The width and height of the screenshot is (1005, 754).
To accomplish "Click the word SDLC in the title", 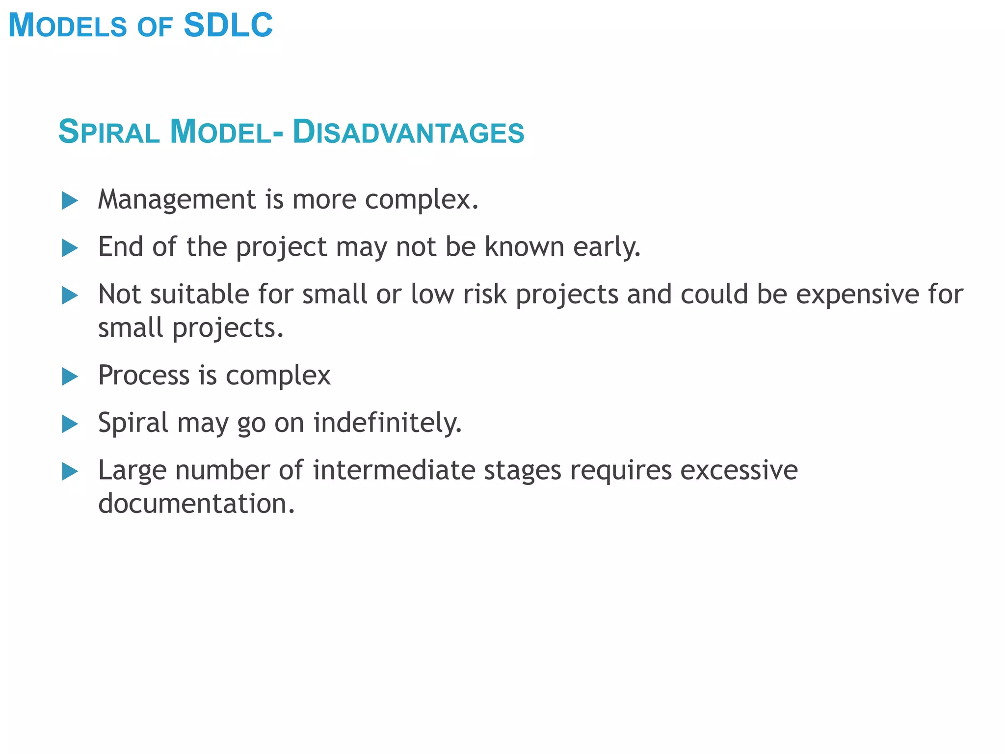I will pyautogui.click(x=228, y=25).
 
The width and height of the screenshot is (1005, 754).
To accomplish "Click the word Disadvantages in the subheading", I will pyautogui.click(x=408, y=132).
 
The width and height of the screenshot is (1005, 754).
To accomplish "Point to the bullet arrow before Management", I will pyautogui.click(x=70, y=201).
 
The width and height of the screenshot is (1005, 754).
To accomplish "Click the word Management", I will pyautogui.click(x=177, y=200).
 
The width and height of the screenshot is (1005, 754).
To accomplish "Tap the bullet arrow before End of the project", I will pyautogui.click(x=70, y=248).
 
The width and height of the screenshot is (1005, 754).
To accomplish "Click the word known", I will pyautogui.click(x=524, y=246).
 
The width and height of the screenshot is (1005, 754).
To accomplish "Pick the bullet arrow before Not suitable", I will pyautogui.click(x=70, y=296).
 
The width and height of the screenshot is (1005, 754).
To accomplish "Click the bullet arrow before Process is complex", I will pyautogui.click(x=70, y=377).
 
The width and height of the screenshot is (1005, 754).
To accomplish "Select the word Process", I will pyautogui.click(x=144, y=376).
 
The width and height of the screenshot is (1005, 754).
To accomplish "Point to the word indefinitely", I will pyautogui.click(x=387, y=423).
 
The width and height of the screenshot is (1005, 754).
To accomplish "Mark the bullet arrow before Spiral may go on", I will pyautogui.click(x=70, y=424).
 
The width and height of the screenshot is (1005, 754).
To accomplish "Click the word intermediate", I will pyautogui.click(x=394, y=470).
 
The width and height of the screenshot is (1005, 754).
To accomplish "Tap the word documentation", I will pyautogui.click(x=196, y=504).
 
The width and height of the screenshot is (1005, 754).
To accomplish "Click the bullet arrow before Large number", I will pyautogui.click(x=70, y=472).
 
